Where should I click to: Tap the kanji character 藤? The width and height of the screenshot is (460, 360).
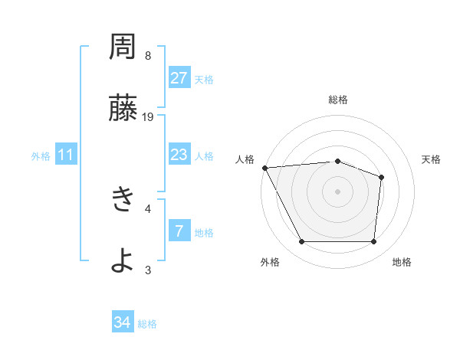point(122,108)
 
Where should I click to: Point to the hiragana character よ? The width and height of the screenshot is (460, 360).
point(122,261)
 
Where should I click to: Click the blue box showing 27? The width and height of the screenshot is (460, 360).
point(179,77)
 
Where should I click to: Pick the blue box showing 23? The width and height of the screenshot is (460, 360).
point(179,155)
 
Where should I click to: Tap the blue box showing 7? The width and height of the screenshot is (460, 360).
point(179,231)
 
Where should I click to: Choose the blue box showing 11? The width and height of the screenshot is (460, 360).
point(66,155)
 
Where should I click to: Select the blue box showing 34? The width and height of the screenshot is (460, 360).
point(122,322)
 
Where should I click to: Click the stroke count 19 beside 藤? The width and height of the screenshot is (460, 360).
point(149,116)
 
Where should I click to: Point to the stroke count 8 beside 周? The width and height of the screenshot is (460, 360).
point(148,55)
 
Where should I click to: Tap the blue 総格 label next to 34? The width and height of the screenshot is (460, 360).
point(147,324)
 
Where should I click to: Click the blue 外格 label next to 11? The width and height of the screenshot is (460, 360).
point(41,156)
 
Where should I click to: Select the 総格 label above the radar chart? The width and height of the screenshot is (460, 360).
point(337,100)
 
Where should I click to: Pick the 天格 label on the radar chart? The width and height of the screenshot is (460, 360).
point(431,159)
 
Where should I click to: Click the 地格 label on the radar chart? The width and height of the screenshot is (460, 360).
point(402,262)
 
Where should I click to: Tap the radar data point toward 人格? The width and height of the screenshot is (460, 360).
point(264,167)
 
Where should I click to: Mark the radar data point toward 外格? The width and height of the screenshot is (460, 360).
point(301,242)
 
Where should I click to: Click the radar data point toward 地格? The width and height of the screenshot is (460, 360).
point(373,242)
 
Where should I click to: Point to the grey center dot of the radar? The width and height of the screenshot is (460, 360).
point(337,191)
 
